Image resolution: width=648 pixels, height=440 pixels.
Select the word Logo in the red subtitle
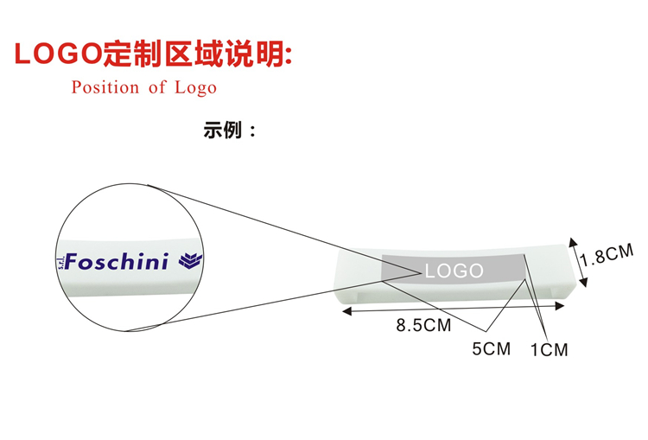tap(195, 87)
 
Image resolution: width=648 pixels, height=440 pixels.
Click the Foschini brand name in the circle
tap(118, 261)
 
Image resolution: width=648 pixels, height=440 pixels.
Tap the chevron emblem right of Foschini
tap(189, 260)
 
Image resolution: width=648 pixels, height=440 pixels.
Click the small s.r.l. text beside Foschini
tap(61, 262)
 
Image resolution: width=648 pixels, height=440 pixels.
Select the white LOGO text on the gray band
tap(454, 271)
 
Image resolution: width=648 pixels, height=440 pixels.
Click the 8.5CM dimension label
tap(423, 326)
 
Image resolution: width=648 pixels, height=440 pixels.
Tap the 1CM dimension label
tap(549, 350)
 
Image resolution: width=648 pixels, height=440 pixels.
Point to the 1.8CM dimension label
tap(607, 257)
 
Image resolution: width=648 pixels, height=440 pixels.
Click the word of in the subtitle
tap(156, 87)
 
